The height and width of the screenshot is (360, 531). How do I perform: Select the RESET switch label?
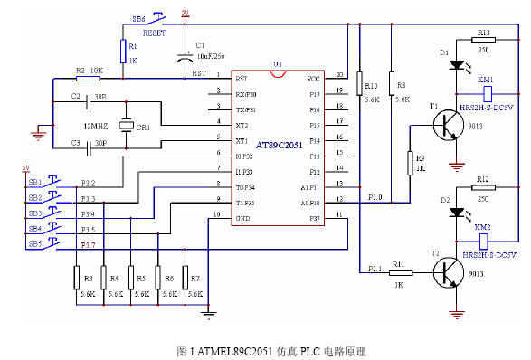(155, 30)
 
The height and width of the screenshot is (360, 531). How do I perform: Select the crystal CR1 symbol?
(128, 127)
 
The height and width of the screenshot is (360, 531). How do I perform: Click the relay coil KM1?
(487, 92)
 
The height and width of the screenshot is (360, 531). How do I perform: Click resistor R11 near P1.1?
(399, 272)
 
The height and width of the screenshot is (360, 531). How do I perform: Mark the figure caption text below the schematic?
(265, 349)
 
